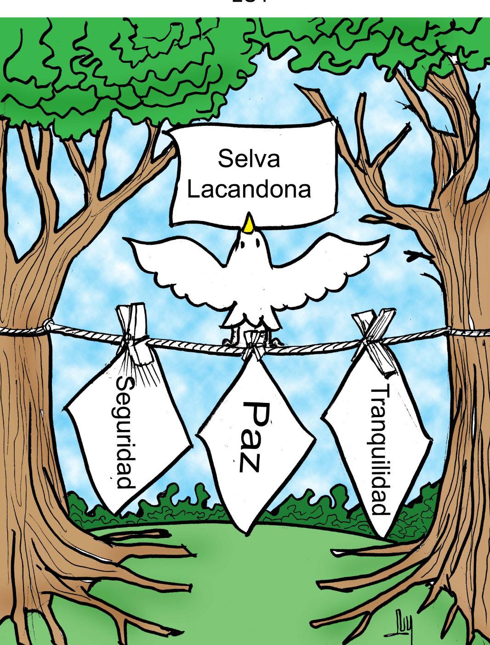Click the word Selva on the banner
pos(249,159)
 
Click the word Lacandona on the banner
pos(249,189)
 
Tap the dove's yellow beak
pos(249,223)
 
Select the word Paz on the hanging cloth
pos(251,436)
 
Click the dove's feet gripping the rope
pos(234,340)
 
